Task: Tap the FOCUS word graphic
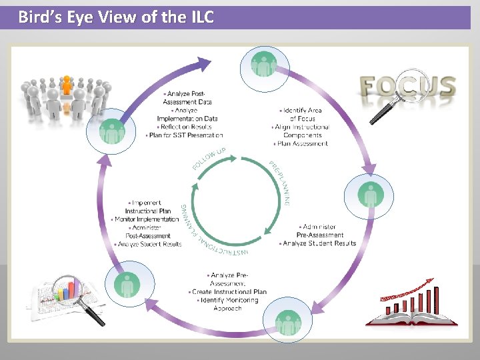(407, 87)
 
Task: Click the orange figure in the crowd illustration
(66, 85)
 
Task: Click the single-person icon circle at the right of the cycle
(369, 195)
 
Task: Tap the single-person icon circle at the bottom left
(127, 285)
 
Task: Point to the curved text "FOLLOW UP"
(209, 158)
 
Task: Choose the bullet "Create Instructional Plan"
(228, 292)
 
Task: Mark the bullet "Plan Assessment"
(301, 143)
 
